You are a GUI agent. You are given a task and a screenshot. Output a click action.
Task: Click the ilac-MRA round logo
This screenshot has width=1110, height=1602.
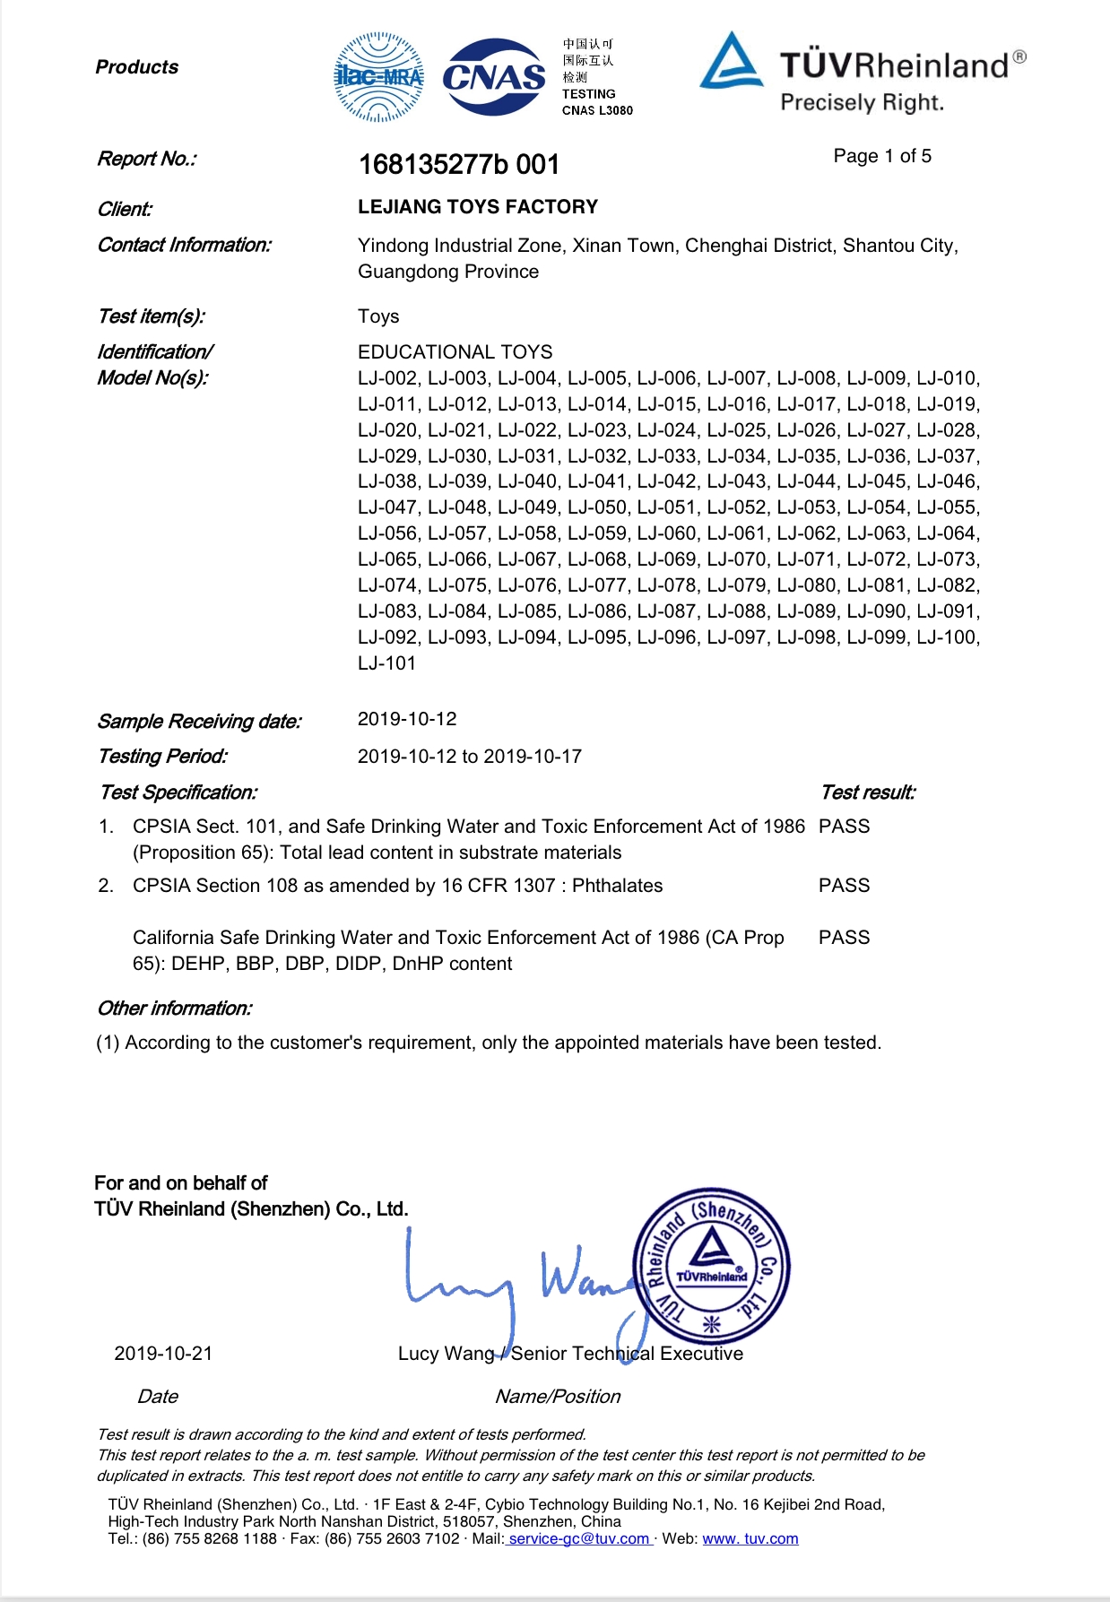(x=378, y=77)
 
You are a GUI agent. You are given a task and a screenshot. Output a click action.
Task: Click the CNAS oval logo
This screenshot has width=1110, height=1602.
(x=494, y=77)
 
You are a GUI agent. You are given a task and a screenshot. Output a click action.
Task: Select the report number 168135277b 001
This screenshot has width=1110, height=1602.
(x=458, y=165)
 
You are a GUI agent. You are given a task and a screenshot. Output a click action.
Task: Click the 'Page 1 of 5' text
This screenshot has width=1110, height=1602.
(x=881, y=156)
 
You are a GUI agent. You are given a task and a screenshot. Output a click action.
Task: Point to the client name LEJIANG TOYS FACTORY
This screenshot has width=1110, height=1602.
(x=477, y=207)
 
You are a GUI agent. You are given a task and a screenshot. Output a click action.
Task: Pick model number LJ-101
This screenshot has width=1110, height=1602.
(x=386, y=663)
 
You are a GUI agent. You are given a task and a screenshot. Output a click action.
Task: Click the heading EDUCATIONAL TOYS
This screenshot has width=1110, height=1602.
(x=455, y=352)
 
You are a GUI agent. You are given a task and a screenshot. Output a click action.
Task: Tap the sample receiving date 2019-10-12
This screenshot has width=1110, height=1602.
(x=407, y=719)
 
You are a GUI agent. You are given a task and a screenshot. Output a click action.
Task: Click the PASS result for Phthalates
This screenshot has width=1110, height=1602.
(x=844, y=886)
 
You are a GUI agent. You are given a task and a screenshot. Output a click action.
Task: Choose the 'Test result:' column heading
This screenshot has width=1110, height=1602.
(x=867, y=792)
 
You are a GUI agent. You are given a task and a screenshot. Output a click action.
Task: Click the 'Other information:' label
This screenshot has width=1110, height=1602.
(x=174, y=1009)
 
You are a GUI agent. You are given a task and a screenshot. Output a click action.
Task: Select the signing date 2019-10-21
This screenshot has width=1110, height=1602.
(x=163, y=1354)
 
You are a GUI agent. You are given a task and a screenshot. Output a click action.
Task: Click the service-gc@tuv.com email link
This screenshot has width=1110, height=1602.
(x=579, y=1539)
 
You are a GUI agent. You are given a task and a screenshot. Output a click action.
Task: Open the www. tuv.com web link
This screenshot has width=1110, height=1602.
(x=750, y=1539)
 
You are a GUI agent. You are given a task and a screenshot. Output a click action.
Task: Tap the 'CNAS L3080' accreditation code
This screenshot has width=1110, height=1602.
(x=597, y=111)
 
